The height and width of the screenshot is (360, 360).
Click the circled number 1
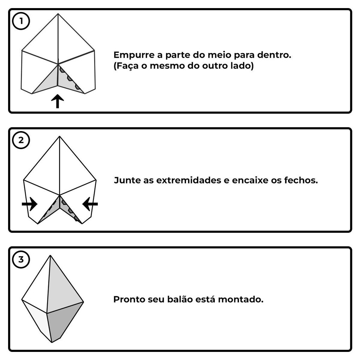(21, 21)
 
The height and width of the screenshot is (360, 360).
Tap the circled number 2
(21, 140)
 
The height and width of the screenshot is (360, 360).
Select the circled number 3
(21, 259)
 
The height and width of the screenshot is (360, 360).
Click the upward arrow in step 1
(57, 101)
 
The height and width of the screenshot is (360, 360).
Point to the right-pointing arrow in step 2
(30, 204)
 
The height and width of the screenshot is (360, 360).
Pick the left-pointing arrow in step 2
(90, 204)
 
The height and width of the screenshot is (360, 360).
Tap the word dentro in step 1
(274, 55)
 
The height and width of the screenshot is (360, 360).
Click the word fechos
(301, 180)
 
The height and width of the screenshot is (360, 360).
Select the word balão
(180, 299)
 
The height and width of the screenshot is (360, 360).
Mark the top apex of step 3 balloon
(50, 255)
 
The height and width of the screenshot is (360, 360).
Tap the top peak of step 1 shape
(58, 14)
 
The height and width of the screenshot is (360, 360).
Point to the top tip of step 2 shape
(59, 136)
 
